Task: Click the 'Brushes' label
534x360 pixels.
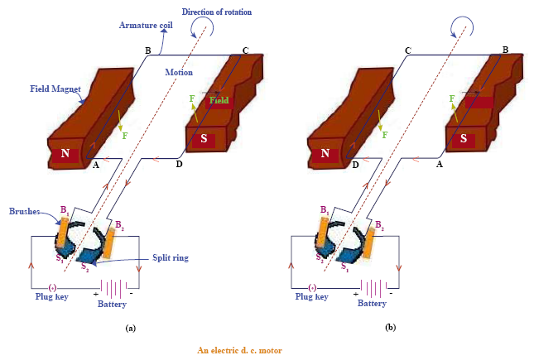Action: pos(25,211)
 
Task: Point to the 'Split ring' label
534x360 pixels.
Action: pos(169,257)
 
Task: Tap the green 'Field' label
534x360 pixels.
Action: pos(219,101)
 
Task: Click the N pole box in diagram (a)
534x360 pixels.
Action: pos(65,155)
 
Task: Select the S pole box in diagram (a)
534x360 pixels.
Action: pos(203,138)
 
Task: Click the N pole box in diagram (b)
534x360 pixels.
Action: pos(325,154)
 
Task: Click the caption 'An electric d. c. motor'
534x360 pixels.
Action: pos(239,350)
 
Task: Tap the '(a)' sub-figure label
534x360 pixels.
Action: pos(130,328)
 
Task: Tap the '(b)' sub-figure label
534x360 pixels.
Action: pos(390,328)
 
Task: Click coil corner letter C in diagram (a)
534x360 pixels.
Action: pos(245,51)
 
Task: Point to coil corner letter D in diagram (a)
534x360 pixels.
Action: pos(179,164)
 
